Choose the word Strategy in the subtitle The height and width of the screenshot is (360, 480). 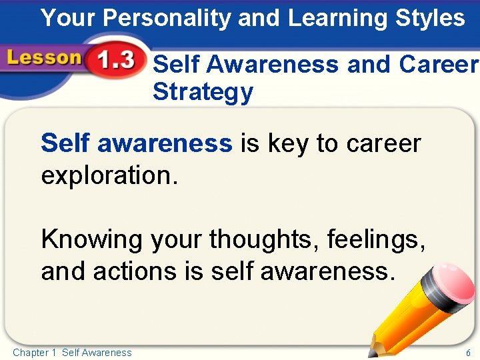(203, 93)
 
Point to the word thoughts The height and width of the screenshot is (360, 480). (264, 239)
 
